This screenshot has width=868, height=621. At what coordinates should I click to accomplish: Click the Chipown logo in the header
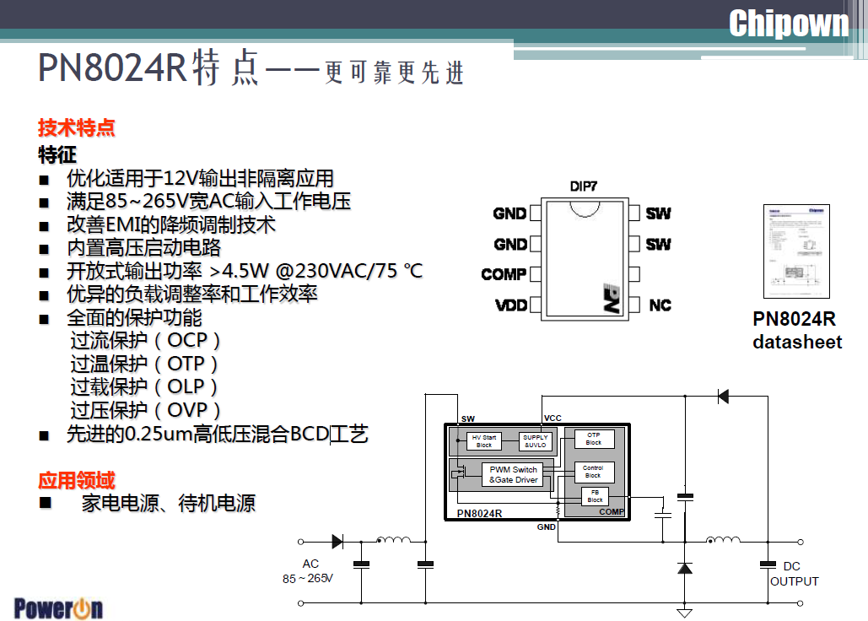point(788,24)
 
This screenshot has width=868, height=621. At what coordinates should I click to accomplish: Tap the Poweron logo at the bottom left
point(58,608)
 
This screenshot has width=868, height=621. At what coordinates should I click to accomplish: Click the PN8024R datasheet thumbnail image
point(795,251)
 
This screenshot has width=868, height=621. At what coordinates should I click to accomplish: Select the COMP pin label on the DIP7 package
point(504,274)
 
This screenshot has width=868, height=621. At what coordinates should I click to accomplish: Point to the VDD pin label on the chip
point(511,305)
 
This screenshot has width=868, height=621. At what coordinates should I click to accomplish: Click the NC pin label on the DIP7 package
point(660,305)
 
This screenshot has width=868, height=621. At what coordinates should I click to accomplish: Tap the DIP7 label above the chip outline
point(583,186)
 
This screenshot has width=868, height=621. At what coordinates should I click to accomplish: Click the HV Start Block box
point(483,441)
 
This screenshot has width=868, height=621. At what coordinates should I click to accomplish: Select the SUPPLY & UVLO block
point(536,441)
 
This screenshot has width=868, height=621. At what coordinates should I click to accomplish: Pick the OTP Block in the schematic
point(594,439)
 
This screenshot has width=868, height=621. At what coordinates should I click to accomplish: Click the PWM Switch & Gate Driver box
point(514,475)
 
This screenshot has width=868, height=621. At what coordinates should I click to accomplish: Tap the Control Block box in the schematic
point(593,472)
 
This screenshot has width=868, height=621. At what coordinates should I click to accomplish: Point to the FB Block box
point(595,496)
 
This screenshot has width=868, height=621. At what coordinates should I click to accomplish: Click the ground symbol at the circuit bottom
point(685,613)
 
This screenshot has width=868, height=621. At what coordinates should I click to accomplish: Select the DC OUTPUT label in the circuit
point(794,574)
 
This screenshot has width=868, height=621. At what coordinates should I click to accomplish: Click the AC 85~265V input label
point(309,571)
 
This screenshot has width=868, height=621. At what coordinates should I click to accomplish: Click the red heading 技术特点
point(77,128)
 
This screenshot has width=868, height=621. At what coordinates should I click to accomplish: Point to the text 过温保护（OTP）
point(144,364)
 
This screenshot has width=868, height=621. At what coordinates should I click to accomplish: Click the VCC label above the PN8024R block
point(553,418)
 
